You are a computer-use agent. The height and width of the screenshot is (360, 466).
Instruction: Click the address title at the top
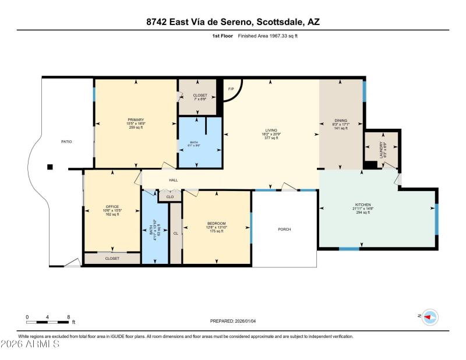point(232,22)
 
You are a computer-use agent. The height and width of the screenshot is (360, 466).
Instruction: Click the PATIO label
point(67,142)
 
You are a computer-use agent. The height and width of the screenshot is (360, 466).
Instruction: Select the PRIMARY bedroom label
point(136,120)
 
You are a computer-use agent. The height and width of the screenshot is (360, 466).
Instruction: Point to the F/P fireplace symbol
point(230,89)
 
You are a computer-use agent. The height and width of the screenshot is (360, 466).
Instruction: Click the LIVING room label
point(271,130)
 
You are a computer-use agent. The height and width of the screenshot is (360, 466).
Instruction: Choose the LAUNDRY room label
point(382,150)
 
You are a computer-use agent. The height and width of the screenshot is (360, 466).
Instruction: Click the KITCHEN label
point(363,205)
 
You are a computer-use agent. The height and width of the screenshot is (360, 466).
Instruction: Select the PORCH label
point(284,230)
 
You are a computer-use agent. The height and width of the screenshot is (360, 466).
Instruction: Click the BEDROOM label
point(216,224)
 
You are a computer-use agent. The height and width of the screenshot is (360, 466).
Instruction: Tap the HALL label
point(174,180)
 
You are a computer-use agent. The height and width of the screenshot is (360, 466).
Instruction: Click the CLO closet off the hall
point(170,197)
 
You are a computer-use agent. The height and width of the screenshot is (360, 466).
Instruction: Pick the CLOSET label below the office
point(112,258)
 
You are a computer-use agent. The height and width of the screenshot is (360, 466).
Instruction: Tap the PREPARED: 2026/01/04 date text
point(232,321)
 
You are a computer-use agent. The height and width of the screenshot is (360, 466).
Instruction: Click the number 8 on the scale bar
point(69,316)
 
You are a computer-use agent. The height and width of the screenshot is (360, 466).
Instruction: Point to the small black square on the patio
point(50,167)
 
